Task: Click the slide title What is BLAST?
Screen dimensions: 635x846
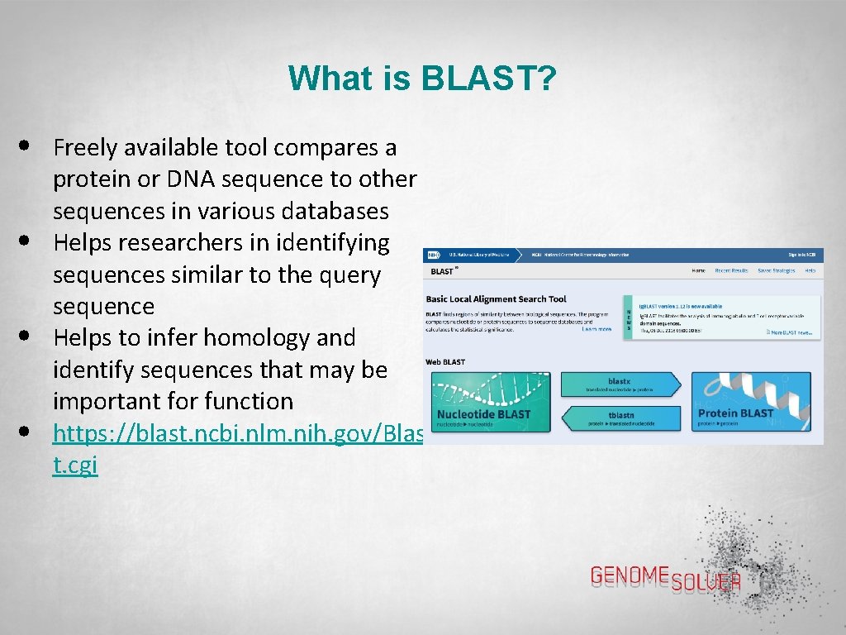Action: [x=422, y=79]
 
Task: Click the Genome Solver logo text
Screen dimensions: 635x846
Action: [x=665, y=577]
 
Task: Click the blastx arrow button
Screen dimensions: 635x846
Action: [x=620, y=384]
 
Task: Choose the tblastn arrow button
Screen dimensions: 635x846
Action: [x=620, y=418]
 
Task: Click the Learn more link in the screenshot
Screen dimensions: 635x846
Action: [x=596, y=329]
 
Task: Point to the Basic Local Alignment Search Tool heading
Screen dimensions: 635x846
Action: [x=496, y=299]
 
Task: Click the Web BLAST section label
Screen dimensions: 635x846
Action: [x=445, y=362]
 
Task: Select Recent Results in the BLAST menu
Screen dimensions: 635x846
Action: [x=731, y=270]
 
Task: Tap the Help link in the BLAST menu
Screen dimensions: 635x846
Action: [x=810, y=270]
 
